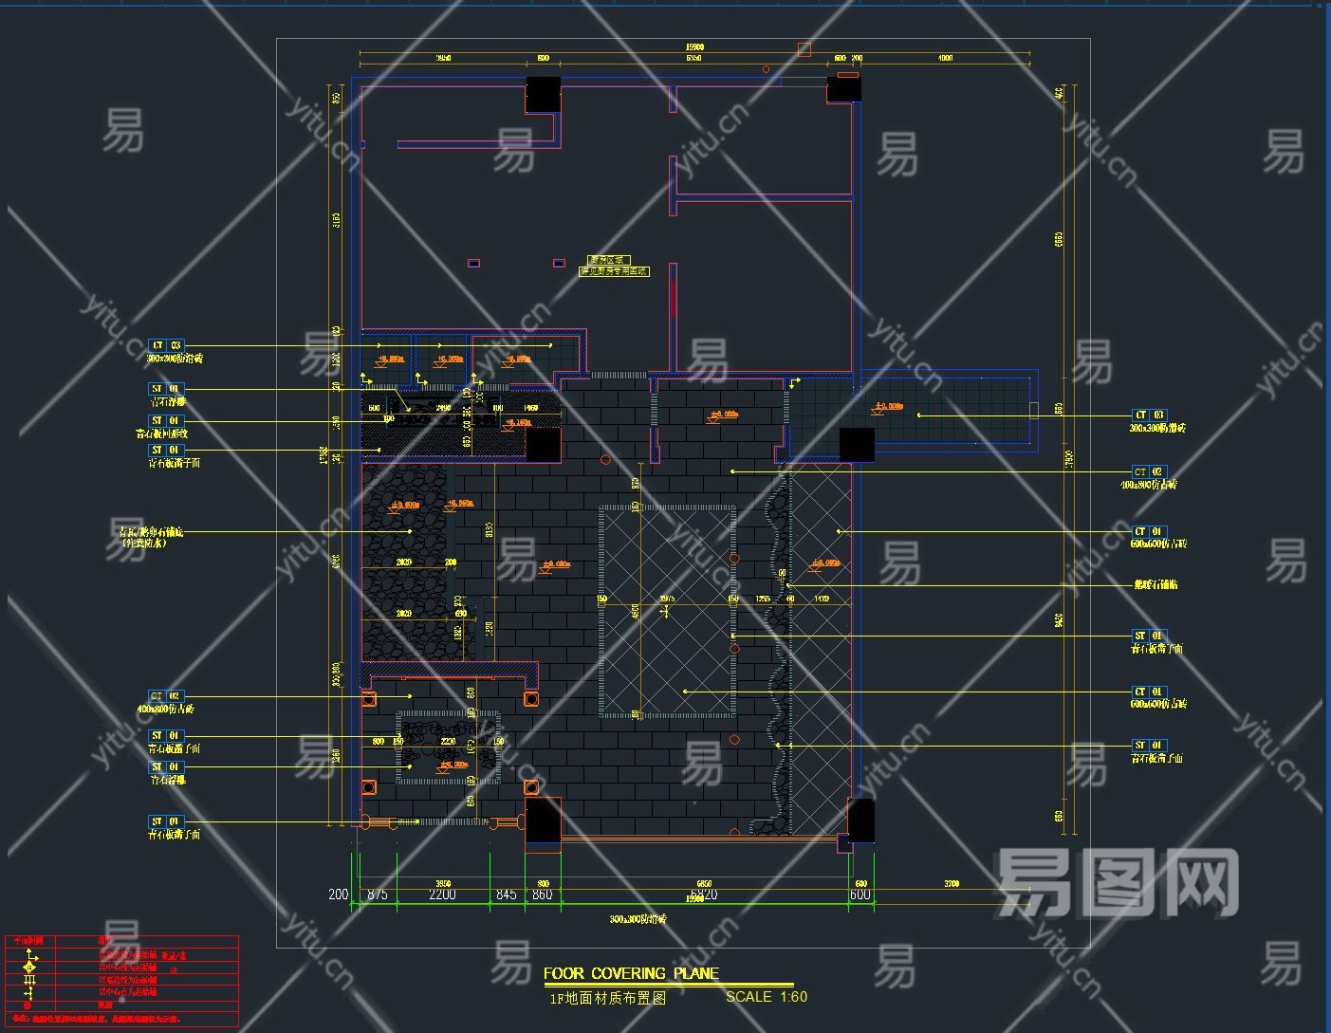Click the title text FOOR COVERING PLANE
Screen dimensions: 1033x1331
(x=631, y=973)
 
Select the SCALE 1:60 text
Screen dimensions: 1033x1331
(x=766, y=997)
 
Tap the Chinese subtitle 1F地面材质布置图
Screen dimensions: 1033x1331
(x=608, y=998)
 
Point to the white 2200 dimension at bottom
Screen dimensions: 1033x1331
(x=442, y=895)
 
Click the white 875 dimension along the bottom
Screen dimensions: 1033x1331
(x=377, y=895)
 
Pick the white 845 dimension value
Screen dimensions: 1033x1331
(x=507, y=895)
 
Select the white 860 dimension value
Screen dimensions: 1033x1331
(x=542, y=895)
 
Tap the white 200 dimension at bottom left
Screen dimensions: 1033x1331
(x=338, y=895)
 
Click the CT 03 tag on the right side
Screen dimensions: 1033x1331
(x=1150, y=415)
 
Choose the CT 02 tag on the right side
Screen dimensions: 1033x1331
(x=1148, y=471)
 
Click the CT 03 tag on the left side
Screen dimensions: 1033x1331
(x=166, y=346)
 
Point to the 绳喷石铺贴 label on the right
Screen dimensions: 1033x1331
(x=1155, y=584)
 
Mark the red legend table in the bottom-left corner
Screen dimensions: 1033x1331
(x=121, y=980)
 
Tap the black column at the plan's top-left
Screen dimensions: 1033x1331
(x=543, y=94)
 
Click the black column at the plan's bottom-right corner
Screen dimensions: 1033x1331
(x=861, y=820)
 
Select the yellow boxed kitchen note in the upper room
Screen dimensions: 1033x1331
(x=613, y=266)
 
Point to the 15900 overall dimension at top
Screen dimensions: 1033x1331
(x=694, y=46)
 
